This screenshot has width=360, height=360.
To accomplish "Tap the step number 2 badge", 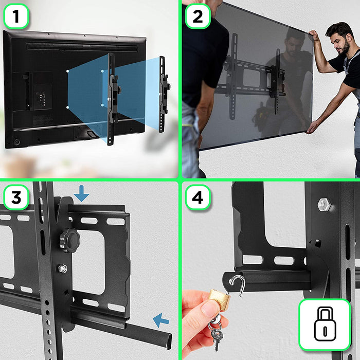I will click(197, 17).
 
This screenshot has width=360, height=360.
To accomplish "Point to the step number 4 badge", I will click(197, 197).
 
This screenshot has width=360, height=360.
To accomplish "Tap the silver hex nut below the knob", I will click(63, 268).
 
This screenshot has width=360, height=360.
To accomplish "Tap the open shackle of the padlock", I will click(237, 284).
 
